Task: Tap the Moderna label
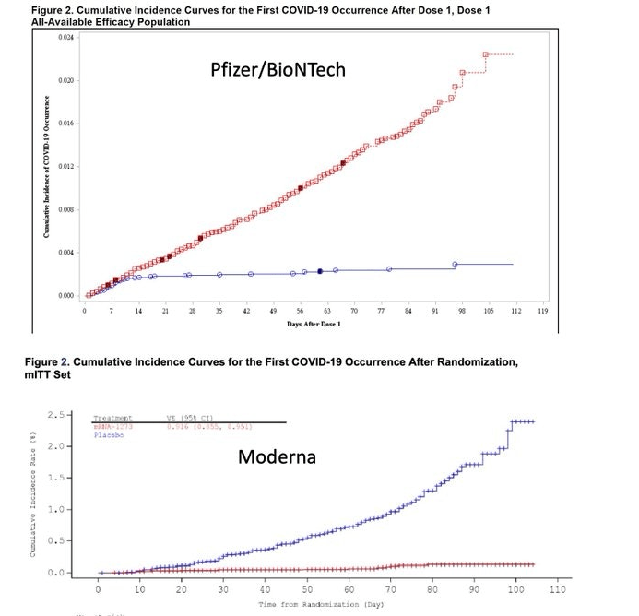click(277, 456)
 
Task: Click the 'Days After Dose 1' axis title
click(314, 325)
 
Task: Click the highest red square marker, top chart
click(485, 55)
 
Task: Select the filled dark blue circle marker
click(320, 271)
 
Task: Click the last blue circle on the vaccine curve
click(455, 265)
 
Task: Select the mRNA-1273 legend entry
click(110, 427)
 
